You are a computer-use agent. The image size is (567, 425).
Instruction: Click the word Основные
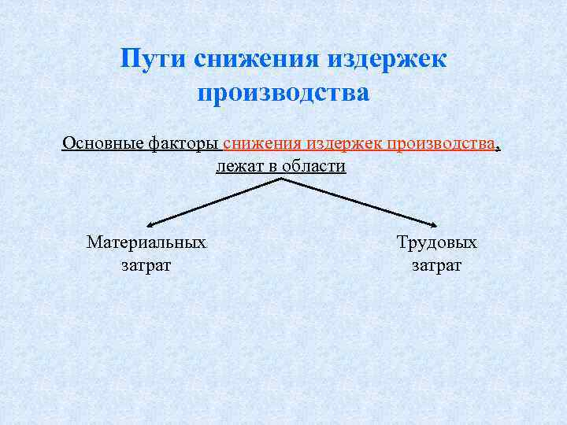pyautogui.click(x=102, y=145)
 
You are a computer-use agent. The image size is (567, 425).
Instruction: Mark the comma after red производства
pyautogui.click(x=498, y=147)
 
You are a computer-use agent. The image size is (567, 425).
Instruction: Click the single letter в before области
pyautogui.click(x=272, y=167)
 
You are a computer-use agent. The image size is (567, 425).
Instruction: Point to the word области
pyautogui.click(x=314, y=167)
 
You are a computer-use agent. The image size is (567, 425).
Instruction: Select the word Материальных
pyautogui.click(x=146, y=242)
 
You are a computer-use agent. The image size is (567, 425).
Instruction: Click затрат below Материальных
pyautogui.click(x=146, y=265)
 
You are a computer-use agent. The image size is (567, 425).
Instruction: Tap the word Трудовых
pyautogui.click(x=437, y=242)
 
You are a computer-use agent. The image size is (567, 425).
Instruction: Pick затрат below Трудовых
pyautogui.click(x=437, y=265)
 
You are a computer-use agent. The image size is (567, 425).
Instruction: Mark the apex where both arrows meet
pyautogui.click(x=281, y=179)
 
